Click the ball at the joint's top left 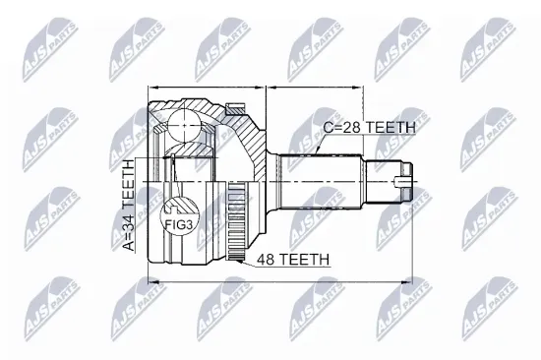[180, 124]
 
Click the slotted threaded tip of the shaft [403, 181]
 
